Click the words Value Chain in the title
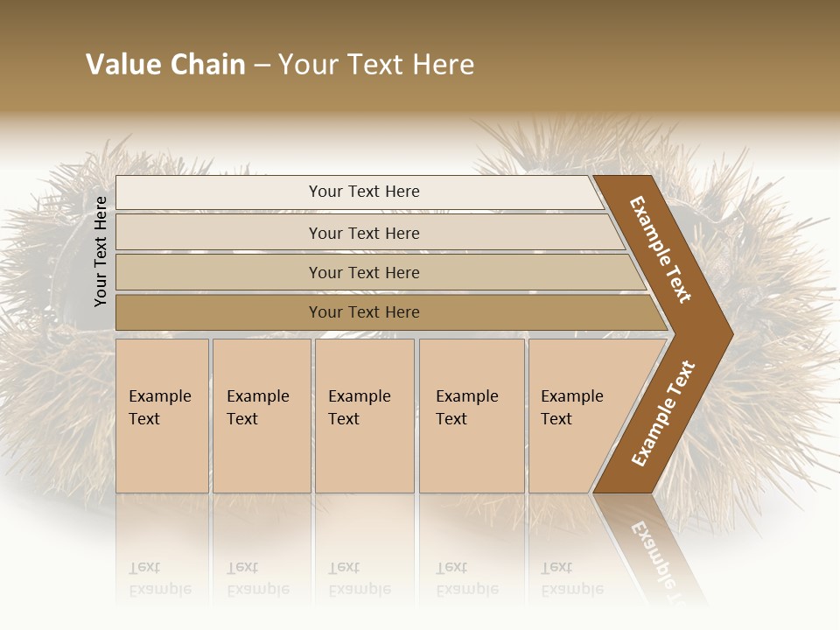[165, 65]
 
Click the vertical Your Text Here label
[101, 251]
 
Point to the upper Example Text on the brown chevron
[661, 249]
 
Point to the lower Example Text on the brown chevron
[663, 413]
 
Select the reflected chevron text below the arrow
[652, 551]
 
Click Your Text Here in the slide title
[376, 65]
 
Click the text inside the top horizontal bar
[364, 192]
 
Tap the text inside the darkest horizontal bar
[364, 312]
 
